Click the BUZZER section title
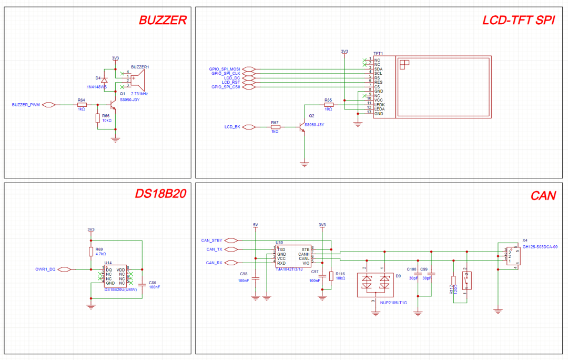(163, 21)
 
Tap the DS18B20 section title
(160, 194)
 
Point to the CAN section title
(543, 196)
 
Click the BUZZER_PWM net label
(26, 105)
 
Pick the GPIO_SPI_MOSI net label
(224, 69)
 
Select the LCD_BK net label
(232, 127)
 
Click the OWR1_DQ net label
(45, 269)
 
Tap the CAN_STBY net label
(212, 240)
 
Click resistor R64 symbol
(82, 105)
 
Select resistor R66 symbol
(97, 118)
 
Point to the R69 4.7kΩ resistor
(91, 251)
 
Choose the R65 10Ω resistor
(328, 105)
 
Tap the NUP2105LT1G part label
(394, 303)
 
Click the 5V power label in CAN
(256, 225)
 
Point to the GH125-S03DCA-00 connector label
(540, 246)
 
